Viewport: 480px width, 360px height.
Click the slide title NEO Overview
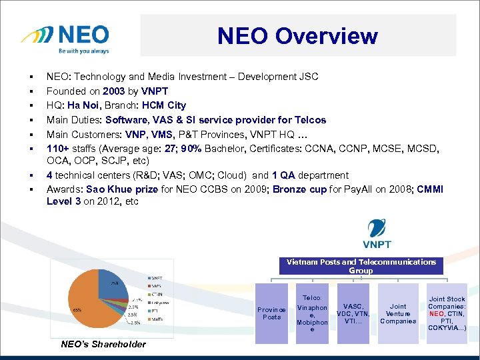point(297,36)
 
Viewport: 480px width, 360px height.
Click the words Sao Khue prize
point(118,189)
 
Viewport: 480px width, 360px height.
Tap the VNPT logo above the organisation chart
point(377,234)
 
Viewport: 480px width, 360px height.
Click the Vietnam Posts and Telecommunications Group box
point(361,266)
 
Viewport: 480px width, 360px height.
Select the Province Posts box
point(272,313)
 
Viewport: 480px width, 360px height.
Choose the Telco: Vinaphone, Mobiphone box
point(312,313)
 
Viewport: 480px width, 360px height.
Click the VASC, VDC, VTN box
point(353,313)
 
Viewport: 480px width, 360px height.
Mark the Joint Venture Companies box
point(397,313)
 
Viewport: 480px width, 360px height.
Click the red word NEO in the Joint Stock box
point(437,313)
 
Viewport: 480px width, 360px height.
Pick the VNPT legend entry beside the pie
point(158,277)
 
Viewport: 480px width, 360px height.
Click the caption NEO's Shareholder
point(103,344)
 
